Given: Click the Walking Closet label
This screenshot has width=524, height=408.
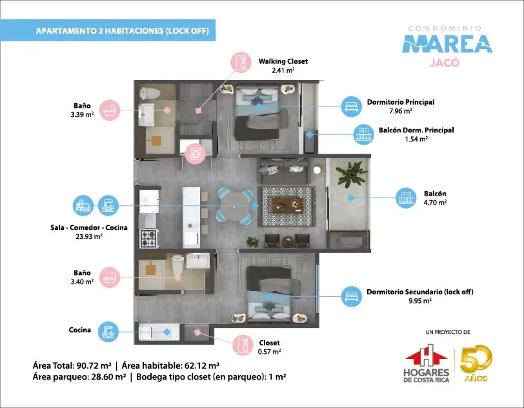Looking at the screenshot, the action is (283, 61).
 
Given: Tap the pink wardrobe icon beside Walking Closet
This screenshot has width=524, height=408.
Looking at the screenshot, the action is (241, 62).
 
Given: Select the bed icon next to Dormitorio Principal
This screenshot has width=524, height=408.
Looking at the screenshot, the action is (351, 107).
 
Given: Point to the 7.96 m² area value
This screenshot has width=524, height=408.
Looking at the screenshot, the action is (400, 110).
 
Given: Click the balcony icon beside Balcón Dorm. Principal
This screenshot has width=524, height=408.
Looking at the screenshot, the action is (363, 135).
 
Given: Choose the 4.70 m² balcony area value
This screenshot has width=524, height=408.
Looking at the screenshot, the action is (435, 202).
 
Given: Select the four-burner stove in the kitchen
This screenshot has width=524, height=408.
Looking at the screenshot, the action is (149, 238).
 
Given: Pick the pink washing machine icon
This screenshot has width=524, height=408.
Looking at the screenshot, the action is (195, 154).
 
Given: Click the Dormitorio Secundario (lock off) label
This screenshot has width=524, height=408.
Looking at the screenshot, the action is (419, 292).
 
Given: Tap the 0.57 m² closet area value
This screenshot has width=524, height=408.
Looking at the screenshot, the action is (269, 351).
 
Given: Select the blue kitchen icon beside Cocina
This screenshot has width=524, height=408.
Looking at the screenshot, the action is (108, 332).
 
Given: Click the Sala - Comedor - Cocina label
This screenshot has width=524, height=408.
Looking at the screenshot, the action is (89, 227).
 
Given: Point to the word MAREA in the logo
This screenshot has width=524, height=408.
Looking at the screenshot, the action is (447, 44).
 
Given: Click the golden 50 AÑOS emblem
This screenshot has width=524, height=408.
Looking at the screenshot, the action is (476, 363).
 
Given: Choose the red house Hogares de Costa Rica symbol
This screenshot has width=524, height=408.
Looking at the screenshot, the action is (427, 356).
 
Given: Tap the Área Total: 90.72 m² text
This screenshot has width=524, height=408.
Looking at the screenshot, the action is (72, 365).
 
